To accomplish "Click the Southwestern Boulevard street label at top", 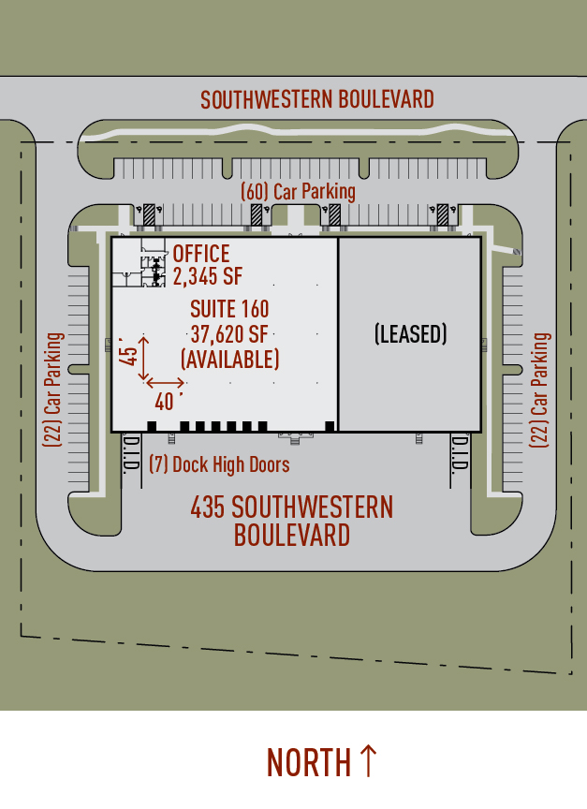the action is (316, 99).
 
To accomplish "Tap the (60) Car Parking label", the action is (298, 191).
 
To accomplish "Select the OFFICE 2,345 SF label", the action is (207, 265).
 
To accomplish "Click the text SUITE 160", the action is (229, 309).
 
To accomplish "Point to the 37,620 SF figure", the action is (229, 334).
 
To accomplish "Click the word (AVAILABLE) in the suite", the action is (229, 360).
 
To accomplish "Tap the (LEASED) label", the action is (411, 334).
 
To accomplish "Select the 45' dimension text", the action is (128, 351).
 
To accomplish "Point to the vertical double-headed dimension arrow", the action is (144, 359).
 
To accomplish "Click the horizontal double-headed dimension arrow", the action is (165, 383).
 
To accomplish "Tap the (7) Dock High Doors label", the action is (219, 464).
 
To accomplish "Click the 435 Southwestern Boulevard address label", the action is (292, 521).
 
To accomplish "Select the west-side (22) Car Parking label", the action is (53, 390).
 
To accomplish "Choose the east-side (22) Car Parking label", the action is (540, 390).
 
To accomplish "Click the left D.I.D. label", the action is (131, 453).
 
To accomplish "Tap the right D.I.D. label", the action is (460, 453).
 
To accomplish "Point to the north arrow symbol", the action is (368, 760).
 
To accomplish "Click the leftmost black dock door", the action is (152, 426).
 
